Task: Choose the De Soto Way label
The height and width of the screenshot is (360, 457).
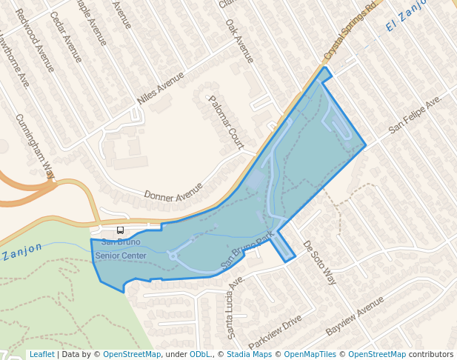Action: [x=320, y=263]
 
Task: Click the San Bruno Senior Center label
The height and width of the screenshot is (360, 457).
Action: [x=121, y=248]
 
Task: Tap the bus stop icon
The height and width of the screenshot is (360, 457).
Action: [x=121, y=230]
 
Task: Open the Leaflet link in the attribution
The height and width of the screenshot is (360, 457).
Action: [x=41, y=355]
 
